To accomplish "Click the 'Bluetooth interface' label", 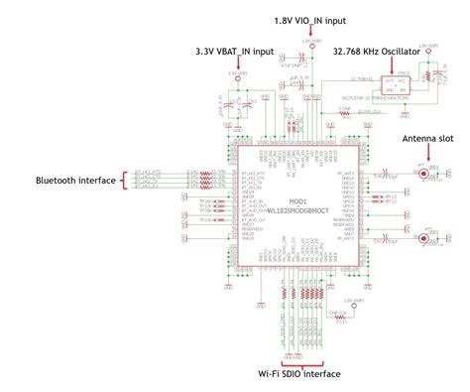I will coord(73,180).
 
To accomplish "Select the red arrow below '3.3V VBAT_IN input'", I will coord(237,65).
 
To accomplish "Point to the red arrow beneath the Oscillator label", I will coord(406,65).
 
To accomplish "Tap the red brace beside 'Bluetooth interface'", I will coord(126,180).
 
